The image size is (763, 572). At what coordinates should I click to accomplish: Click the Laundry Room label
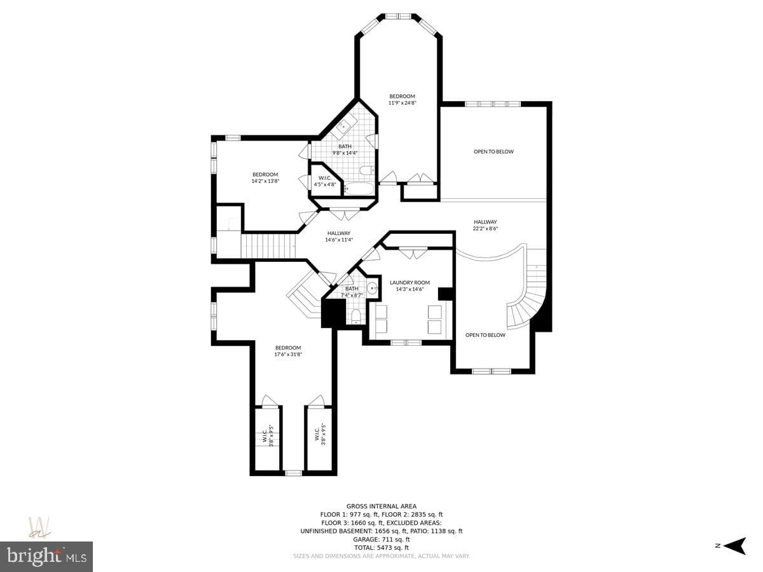click(x=409, y=283)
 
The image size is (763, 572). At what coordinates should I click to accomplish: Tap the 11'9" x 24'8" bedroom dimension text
click(x=402, y=103)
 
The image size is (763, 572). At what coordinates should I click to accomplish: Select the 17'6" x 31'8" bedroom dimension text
click(x=288, y=354)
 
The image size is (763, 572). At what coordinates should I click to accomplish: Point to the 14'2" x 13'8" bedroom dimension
click(x=265, y=181)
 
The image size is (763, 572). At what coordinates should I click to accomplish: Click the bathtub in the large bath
click(x=359, y=189)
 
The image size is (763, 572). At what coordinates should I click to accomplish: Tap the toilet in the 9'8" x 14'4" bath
click(x=366, y=170)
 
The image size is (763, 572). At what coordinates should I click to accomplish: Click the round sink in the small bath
click(x=373, y=288)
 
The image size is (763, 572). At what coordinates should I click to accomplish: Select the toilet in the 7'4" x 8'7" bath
click(x=355, y=317)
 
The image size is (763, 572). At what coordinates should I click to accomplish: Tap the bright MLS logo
click(x=46, y=556)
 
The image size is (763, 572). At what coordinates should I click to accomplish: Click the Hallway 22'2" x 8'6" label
click(x=485, y=225)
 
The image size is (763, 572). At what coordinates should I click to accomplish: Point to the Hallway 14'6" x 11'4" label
click(x=339, y=236)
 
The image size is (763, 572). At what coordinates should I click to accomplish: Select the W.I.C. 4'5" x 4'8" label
click(x=325, y=181)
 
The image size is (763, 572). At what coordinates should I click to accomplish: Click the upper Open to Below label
click(x=493, y=151)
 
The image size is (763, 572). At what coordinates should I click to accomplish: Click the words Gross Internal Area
click(x=381, y=507)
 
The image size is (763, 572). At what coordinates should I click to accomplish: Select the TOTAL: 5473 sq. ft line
click(x=381, y=548)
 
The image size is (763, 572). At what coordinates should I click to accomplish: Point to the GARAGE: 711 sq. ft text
click(x=381, y=540)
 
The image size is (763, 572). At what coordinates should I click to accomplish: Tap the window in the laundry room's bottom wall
click(x=406, y=343)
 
